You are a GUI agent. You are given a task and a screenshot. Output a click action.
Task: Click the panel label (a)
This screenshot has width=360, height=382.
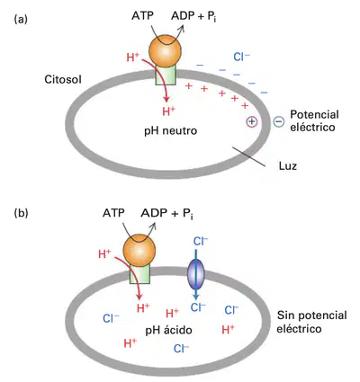(x=21, y=20)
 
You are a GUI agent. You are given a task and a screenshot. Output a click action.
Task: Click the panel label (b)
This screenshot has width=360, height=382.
(x=21, y=213)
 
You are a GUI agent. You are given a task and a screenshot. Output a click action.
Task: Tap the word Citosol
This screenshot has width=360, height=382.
(x=63, y=79)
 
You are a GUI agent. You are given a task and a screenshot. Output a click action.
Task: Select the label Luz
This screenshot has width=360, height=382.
(x=288, y=165)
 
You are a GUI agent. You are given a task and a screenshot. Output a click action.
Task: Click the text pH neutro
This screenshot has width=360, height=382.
(x=171, y=130)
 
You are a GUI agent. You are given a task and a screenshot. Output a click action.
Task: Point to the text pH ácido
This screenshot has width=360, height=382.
(x=168, y=330)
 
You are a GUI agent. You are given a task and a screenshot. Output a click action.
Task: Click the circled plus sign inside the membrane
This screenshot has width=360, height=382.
(x=252, y=121)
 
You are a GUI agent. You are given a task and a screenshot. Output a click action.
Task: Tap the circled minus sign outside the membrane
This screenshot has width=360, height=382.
(x=278, y=121)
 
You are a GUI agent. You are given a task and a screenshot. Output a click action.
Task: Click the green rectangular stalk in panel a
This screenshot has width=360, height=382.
(x=166, y=76)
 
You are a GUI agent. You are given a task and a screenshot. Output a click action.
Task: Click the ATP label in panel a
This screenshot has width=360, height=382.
(x=142, y=15)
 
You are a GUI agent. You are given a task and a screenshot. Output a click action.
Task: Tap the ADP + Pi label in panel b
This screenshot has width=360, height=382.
(x=166, y=213)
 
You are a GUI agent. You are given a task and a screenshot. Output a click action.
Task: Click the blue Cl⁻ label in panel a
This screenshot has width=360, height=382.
(x=241, y=57)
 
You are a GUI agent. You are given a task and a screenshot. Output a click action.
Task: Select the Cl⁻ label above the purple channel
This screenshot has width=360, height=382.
(x=201, y=241)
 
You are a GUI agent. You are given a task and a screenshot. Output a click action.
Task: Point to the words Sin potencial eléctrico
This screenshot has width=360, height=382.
(x=311, y=322)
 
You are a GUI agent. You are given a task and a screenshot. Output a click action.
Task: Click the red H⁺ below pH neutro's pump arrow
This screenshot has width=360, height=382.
(x=168, y=111)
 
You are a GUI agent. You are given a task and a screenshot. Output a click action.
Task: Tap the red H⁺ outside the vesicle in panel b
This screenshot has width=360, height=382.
(x=104, y=254)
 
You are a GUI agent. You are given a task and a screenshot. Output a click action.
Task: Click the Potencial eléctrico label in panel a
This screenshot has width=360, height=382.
(x=314, y=120)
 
